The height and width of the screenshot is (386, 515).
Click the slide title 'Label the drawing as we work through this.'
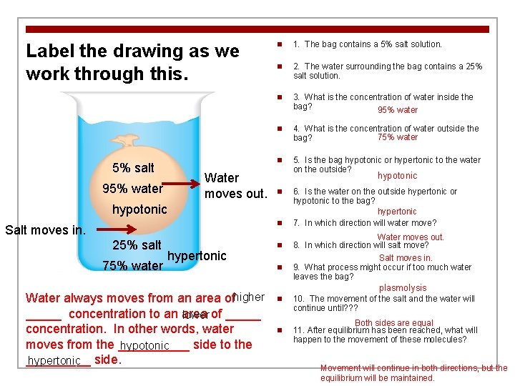pos(132,61)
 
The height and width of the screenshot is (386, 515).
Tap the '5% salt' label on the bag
pos(134,168)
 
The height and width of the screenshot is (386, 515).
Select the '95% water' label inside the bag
pos(133,189)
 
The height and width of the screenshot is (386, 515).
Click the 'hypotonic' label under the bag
pos(139,209)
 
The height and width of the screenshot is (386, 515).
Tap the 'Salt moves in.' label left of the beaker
pos(45,229)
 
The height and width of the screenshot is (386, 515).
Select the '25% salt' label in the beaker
pos(137,245)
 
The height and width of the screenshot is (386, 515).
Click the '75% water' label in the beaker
pos(133,266)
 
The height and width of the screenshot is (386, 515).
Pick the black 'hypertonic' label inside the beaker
pos(197,255)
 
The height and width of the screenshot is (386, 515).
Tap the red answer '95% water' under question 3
pos(398,110)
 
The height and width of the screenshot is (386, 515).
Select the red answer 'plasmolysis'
pos(403,289)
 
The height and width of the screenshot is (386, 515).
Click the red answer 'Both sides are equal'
pos(394,323)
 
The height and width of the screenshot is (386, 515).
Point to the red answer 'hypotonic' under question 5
pos(397,176)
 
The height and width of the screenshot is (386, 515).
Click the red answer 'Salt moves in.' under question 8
pos(406,258)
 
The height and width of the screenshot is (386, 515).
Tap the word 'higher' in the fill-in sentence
pos(249,297)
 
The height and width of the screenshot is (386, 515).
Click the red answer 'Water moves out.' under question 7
pos(411,237)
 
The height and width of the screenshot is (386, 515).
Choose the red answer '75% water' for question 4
pos(398,137)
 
